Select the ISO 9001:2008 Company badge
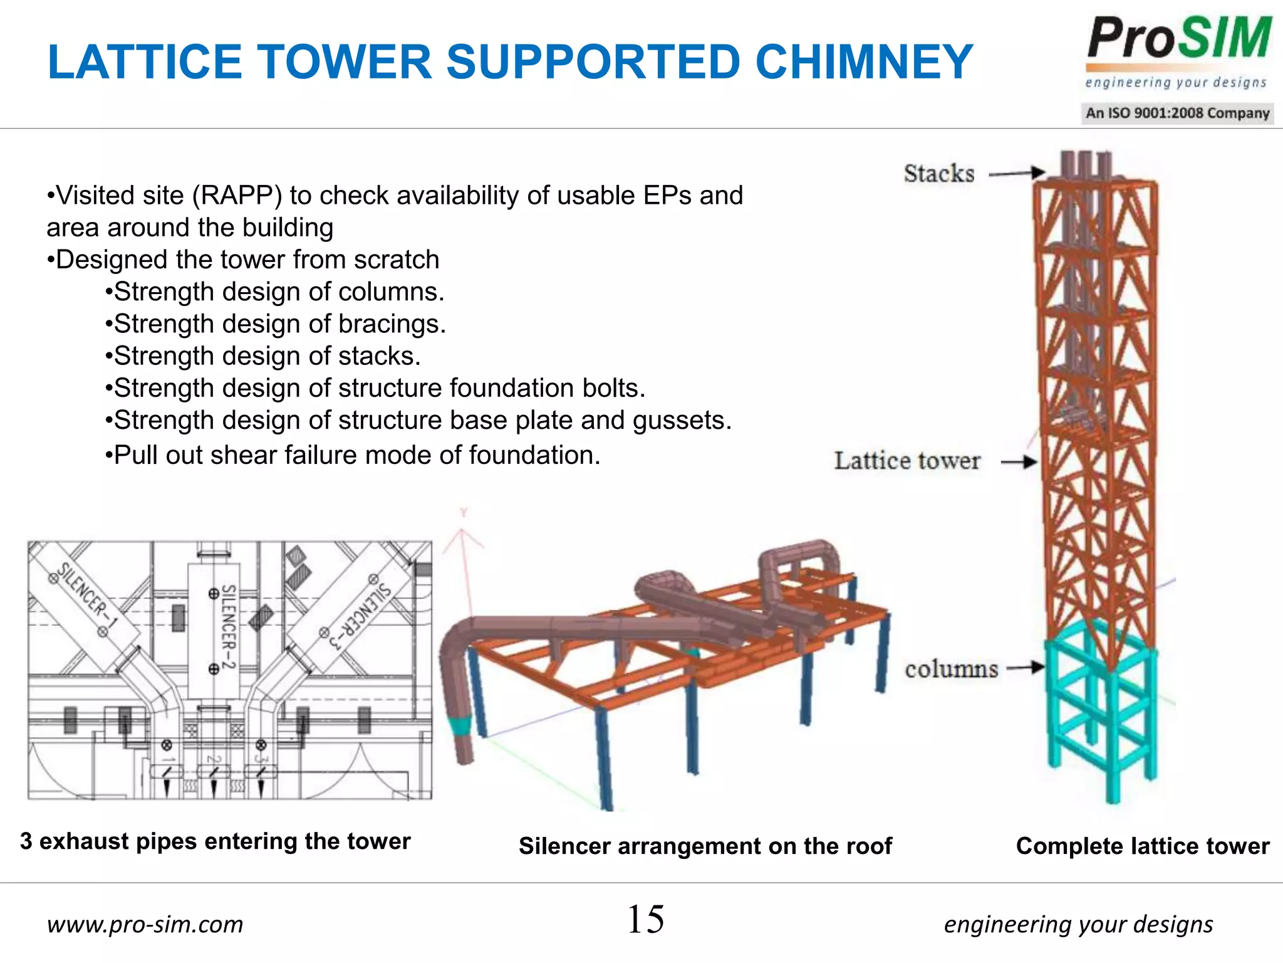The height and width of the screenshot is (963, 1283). pyautogui.click(x=1177, y=113)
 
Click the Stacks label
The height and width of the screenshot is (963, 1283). pyautogui.click(x=938, y=174)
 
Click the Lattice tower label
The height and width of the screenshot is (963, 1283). pyautogui.click(x=906, y=461)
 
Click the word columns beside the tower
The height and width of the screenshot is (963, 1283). pyautogui.click(x=950, y=670)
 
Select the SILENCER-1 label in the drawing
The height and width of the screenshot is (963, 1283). pyautogui.click(x=88, y=596)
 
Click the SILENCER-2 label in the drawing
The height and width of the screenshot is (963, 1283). pyautogui.click(x=229, y=627)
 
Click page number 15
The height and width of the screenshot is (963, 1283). pyautogui.click(x=645, y=920)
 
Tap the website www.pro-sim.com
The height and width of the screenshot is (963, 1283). pyautogui.click(x=145, y=924)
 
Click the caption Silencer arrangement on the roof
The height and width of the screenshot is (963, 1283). pyautogui.click(x=705, y=846)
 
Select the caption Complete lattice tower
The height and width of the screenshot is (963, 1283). pyautogui.click(x=1142, y=846)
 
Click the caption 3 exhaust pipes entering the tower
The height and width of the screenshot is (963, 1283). pyautogui.click(x=215, y=841)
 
